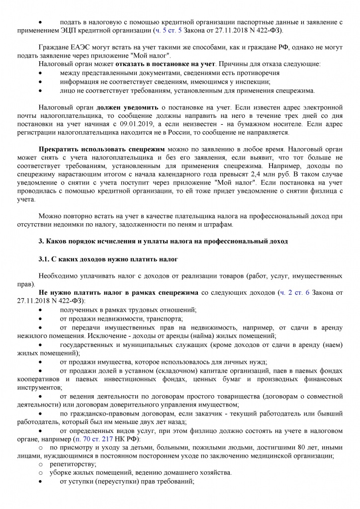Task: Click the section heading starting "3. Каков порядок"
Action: tap(163, 241)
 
